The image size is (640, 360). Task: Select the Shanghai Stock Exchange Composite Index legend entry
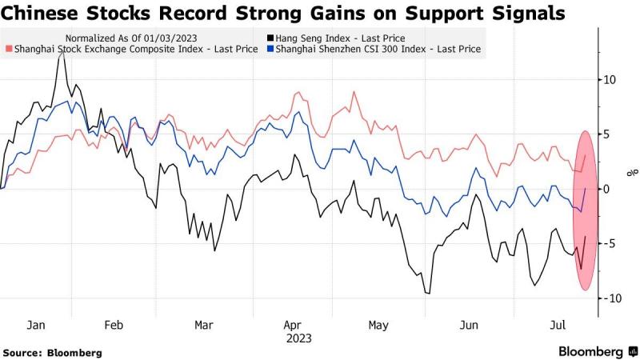point(132,49)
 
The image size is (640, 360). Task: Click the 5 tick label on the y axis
point(607,134)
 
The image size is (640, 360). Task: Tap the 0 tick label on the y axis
point(607,189)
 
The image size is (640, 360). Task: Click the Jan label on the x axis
point(36,325)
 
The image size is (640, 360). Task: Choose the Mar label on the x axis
point(204,325)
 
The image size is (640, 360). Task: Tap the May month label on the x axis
point(378,325)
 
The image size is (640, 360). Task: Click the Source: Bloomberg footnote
point(52,352)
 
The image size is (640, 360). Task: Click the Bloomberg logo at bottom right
point(590,352)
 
